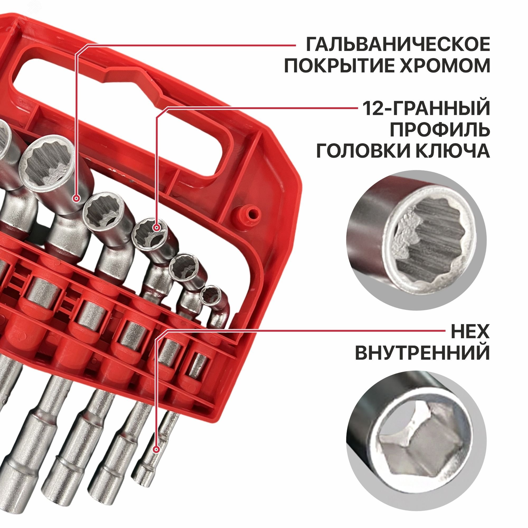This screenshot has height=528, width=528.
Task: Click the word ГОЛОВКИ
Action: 362,151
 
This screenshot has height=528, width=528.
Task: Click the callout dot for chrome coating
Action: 77,198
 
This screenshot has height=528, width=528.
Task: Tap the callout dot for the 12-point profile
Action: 157,227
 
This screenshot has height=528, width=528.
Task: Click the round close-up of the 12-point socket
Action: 417,241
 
